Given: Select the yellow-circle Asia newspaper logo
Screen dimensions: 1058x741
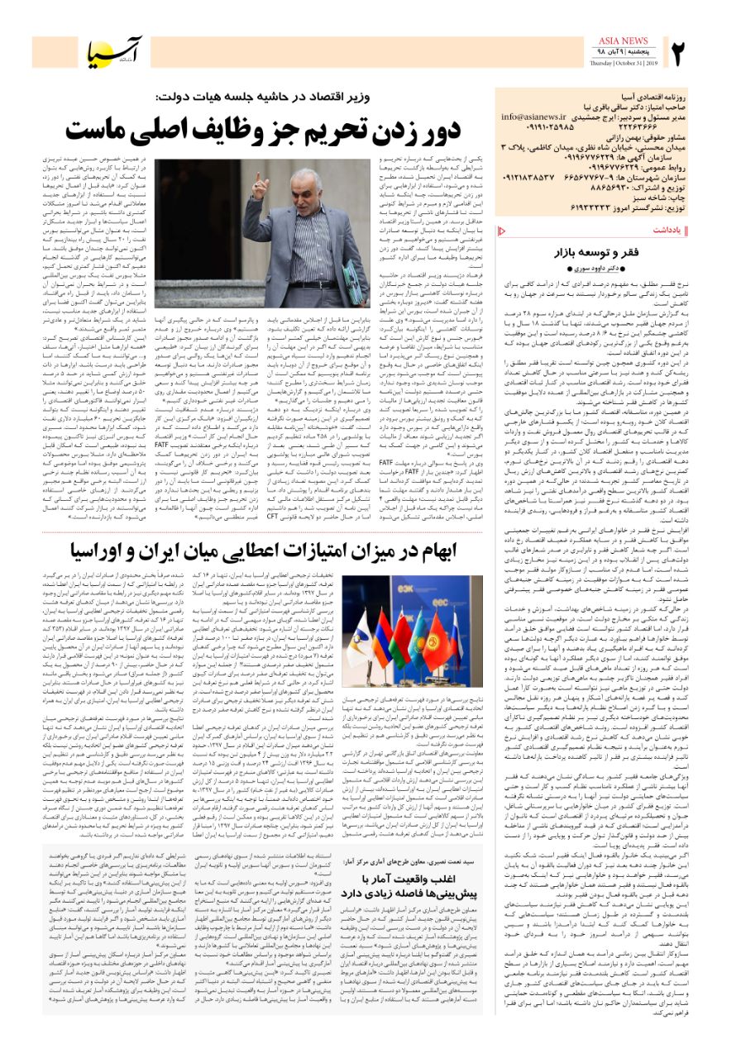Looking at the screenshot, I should coord(115,52).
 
